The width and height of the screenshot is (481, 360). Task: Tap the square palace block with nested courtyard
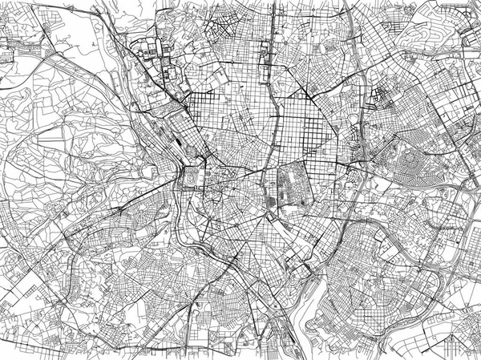tap(193, 177)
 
